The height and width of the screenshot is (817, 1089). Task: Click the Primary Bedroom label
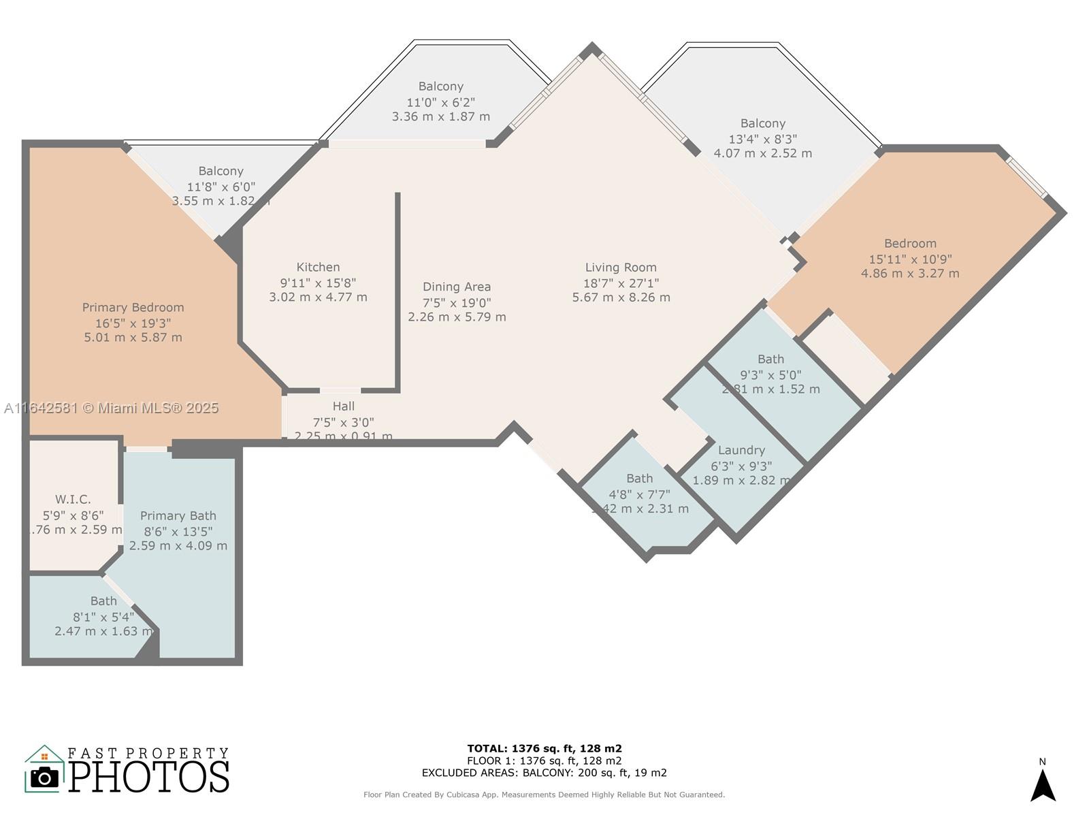coord(133,308)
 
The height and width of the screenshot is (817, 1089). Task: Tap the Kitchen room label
coord(318,268)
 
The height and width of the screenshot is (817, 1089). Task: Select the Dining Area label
coord(456,287)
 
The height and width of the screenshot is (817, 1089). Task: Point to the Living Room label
coord(621,268)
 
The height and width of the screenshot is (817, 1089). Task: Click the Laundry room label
coord(741,450)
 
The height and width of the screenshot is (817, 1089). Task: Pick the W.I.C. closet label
coord(73,500)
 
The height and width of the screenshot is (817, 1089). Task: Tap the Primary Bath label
coord(178,516)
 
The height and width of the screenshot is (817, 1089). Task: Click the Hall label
coord(344,406)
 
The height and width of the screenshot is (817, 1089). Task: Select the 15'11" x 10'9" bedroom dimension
coord(910,259)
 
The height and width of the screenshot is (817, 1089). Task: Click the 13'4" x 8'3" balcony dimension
coord(762,139)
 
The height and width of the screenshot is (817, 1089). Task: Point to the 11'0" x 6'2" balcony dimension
coord(440,102)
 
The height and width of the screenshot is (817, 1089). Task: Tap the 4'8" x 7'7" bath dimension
coord(639,494)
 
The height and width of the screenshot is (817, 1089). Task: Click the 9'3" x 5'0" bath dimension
coord(770,374)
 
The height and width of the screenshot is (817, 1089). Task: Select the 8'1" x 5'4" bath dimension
coord(103,617)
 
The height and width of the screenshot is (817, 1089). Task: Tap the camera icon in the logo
coord(45,777)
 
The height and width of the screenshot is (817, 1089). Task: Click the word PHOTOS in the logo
coord(149,777)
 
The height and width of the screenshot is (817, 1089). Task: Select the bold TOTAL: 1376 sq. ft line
coord(544,748)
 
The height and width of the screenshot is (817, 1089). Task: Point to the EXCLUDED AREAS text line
coord(544,773)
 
